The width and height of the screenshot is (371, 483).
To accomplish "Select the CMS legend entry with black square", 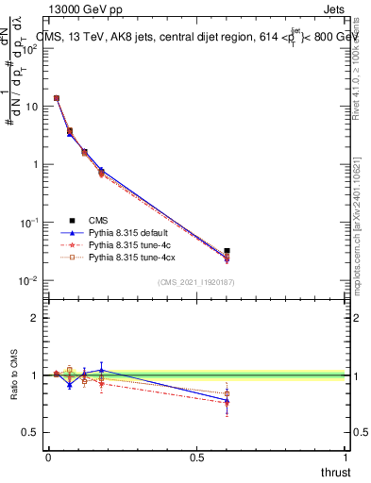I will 85,221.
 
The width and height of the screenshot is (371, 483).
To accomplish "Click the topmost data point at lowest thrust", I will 57,98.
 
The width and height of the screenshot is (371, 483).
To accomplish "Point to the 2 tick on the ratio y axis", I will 34,318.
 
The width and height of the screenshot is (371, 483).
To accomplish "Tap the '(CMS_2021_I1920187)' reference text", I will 195,282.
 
